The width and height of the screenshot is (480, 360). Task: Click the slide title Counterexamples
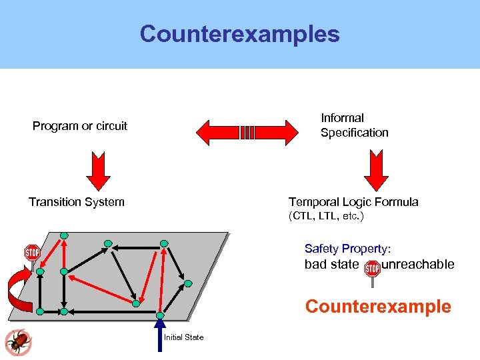(239, 34)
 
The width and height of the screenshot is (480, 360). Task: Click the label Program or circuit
(80, 126)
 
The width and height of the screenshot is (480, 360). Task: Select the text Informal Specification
(354, 125)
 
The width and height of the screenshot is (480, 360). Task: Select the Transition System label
(77, 202)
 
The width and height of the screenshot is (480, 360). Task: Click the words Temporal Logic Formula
(353, 202)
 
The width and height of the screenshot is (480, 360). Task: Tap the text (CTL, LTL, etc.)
(326, 217)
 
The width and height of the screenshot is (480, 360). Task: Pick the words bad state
(331, 265)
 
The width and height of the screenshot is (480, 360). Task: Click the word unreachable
(418, 265)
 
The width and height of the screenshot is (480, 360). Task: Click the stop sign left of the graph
(32, 253)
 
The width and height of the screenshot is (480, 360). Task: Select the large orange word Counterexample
(378, 307)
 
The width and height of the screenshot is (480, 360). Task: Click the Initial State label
(184, 337)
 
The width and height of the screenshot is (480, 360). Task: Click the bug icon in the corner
(17, 342)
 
